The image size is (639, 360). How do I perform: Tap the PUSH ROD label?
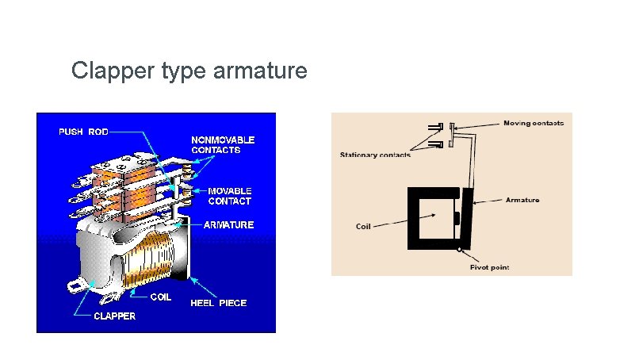tap(83, 132)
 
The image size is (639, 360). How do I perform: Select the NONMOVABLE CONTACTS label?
tap(223, 144)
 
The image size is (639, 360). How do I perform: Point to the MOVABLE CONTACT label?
tap(229, 196)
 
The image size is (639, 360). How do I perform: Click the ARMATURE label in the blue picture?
tap(228, 224)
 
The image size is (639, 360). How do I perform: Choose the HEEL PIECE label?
tap(218, 302)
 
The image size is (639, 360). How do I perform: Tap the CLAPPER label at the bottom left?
tap(115, 316)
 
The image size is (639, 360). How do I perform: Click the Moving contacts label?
tap(534, 123)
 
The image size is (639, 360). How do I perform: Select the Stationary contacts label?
tap(375, 155)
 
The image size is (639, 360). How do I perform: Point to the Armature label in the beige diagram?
tap(522, 200)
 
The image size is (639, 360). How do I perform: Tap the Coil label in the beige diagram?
tap(363, 227)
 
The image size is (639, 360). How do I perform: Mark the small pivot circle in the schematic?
tap(460, 250)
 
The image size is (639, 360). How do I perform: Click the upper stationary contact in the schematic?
tap(435, 127)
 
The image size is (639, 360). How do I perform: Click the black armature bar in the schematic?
tap(469, 218)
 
